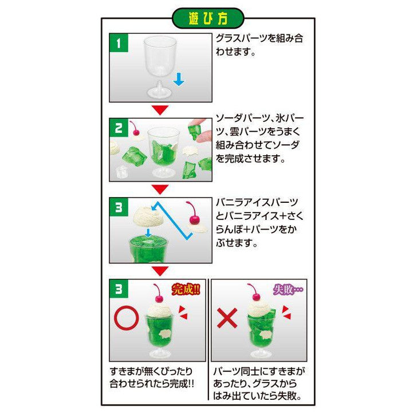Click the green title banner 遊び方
208,18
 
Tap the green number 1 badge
118,44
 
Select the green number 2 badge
118,128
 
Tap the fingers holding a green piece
198,125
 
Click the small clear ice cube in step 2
121,171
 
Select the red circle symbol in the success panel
126,318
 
